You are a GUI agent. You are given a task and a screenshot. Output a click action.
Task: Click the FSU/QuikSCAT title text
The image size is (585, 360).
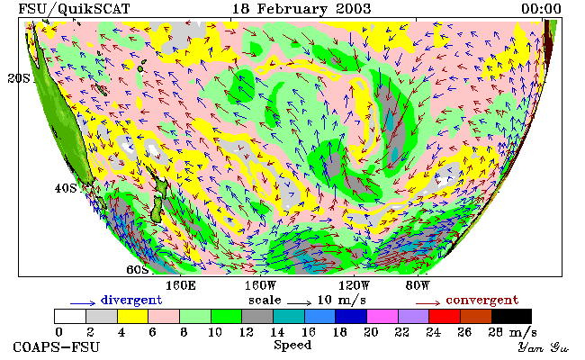coord(74,9)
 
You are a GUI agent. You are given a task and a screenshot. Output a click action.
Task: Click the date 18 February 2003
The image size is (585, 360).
coord(301,9)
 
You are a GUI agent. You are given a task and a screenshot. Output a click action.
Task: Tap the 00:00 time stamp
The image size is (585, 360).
coord(541,9)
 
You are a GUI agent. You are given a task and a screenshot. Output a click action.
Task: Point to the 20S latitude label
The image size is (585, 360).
coord(19,78)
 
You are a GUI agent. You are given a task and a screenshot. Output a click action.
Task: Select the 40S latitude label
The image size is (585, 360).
coord(66,188)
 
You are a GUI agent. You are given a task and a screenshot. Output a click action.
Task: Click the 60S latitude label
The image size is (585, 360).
coord(138,269)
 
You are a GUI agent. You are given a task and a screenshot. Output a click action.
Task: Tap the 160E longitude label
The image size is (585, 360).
coord(181,286)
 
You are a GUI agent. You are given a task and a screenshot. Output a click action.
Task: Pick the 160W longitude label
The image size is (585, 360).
coord(260,286)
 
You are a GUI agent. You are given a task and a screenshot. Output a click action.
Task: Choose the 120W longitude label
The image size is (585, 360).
coord(354,286)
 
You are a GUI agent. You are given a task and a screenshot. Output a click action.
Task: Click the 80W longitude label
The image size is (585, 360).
coord(418,286)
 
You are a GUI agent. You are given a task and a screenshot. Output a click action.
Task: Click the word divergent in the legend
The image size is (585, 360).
coord(131,300)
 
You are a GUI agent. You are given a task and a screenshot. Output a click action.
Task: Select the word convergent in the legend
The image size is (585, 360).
coord(482,300)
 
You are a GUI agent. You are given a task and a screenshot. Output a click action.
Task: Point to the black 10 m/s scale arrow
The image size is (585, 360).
coord(299,302)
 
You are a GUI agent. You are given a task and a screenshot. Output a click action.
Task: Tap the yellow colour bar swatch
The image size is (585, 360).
coord(133,316)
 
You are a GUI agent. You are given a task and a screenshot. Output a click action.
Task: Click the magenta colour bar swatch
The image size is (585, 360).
coord(382,316)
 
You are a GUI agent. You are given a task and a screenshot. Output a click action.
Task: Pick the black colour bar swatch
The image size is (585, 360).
coord(512,316)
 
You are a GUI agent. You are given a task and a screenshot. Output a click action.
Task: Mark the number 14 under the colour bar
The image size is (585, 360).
coord(277,332)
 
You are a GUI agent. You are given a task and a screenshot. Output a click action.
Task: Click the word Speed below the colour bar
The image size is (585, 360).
coord(292,345)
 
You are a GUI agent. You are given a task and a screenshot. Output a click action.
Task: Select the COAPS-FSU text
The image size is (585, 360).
coord(57,346)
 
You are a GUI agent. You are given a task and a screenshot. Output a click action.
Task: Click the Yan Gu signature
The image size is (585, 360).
coord(543,347)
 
